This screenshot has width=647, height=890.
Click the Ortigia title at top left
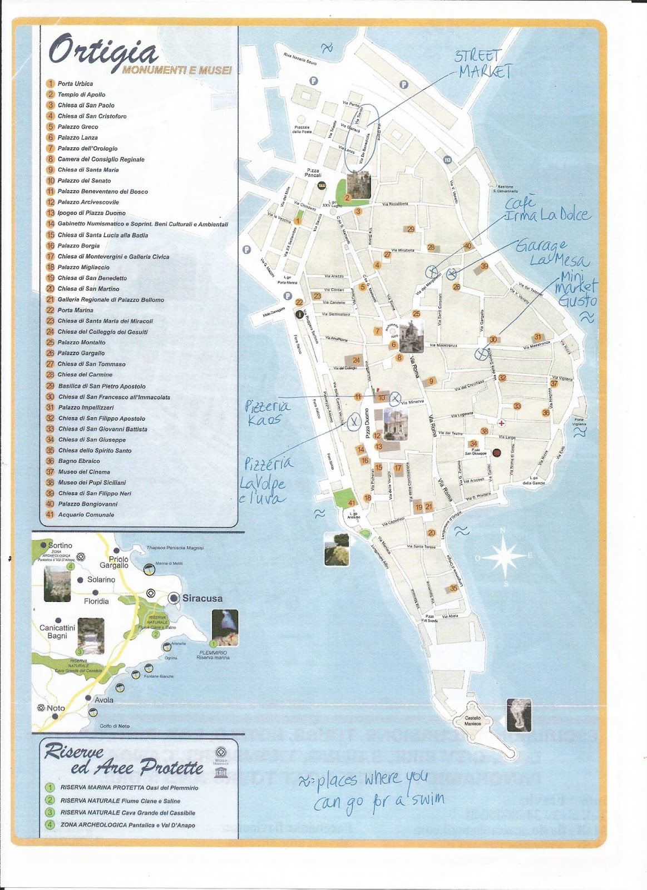[103, 52]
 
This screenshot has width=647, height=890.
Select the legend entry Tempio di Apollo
[81, 95]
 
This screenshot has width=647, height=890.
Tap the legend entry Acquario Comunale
[86, 515]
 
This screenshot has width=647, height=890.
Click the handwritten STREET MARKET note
[483, 64]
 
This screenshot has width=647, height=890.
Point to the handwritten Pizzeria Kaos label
[268, 413]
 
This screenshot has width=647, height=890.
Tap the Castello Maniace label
[473, 721]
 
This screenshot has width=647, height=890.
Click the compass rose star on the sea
[504, 556]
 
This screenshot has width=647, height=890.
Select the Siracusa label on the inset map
[202, 599]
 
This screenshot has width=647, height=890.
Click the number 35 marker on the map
[454, 588]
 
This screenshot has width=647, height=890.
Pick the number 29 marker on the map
[411, 229]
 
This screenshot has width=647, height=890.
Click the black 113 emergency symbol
[447, 160]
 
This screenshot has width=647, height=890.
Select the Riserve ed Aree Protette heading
[124, 760]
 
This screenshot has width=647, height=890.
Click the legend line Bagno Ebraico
[78, 461]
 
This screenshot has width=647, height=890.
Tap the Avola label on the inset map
[103, 700]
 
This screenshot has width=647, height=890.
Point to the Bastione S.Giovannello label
[505, 189]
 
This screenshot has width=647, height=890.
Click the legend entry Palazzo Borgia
[78, 246]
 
